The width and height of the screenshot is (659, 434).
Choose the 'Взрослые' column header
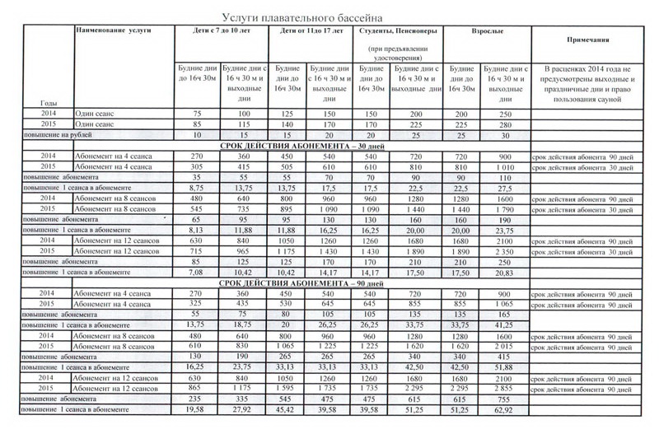pos(482,30)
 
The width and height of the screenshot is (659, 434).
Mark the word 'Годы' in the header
pos(48,102)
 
